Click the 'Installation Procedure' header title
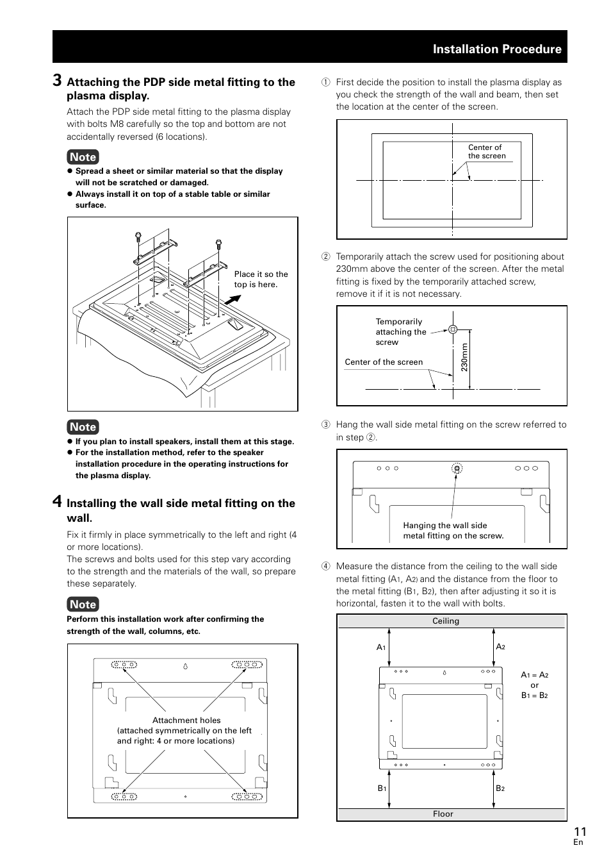[x=497, y=49]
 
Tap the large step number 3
[x=58, y=80]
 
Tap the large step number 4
[x=58, y=501]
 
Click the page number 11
[x=580, y=831]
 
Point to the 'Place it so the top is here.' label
[x=261, y=279]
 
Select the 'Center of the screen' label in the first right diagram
[x=486, y=151]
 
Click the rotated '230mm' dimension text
[x=464, y=357]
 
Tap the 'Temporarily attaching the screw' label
[x=400, y=332]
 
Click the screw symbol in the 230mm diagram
[x=453, y=329]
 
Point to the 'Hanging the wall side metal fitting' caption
[x=453, y=531]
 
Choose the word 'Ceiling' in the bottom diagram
[x=446, y=621]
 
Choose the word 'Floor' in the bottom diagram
[x=443, y=814]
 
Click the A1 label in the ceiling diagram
[x=380, y=647]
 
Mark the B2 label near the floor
[x=500, y=788]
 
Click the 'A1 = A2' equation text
[x=534, y=675]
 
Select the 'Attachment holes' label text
[x=186, y=720]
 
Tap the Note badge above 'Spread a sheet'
[x=83, y=157]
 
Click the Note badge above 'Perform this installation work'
[x=83, y=604]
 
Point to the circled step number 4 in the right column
[x=325, y=567]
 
